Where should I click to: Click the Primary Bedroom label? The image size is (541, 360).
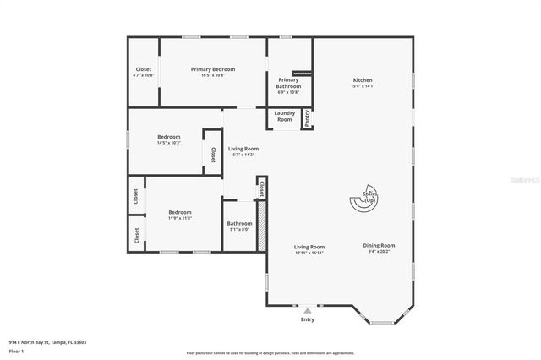click(x=212, y=69)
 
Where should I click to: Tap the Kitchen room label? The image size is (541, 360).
click(x=362, y=80)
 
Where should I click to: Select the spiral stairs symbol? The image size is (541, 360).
click(x=364, y=201)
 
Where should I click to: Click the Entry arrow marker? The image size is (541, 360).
click(x=307, y=310)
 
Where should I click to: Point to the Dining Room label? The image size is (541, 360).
click(x=379, y=245)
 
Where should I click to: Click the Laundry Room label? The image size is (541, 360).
click(x=284, y=116)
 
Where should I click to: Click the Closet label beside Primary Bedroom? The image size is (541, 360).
click(x=144, y=69)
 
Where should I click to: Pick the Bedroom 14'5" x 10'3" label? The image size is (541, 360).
click(x=168, y=137)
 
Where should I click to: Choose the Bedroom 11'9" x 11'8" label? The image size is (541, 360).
click(x=179, y=212)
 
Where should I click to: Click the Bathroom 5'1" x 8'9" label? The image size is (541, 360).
click(x=239, y=224)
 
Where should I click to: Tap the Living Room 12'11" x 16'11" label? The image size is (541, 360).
click(x=309, y=247)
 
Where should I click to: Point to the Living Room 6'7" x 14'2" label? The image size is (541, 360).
click(x=243, y=149)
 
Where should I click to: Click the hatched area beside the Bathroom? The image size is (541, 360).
click(x=262, y=226)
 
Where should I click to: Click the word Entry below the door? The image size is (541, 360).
click(x=307, y=319)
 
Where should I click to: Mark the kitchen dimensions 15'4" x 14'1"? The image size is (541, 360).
click(x=362, y=85)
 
